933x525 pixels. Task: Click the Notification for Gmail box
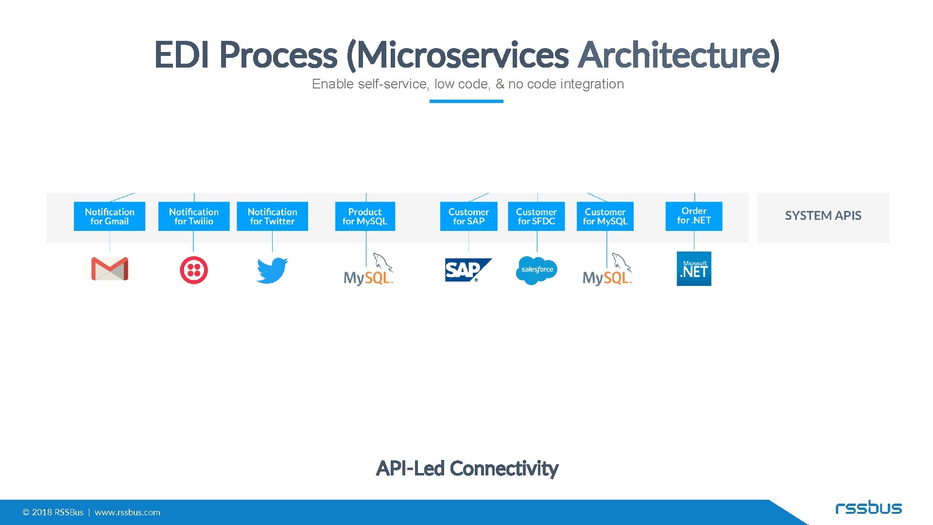click(x=109, y=216)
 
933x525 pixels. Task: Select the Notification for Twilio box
click(x=193, y=216)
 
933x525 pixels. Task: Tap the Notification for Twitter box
click(x=272, y=216)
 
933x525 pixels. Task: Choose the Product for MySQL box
click(x=365, y=216)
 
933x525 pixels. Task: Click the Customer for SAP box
click(x=468, y=216)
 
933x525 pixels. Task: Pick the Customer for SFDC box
click(x=536, y=216)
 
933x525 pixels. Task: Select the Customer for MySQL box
click(x=605, y=216)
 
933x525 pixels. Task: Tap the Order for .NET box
click(x=693, y=216)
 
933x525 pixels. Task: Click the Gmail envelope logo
click(x=109, y=269)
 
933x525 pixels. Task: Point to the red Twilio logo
click(x=193, y=270)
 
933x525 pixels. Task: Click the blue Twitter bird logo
click(x=272, y=270)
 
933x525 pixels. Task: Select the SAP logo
click(x=467, y=270)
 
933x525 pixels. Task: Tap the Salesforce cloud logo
click(x=536, y=270)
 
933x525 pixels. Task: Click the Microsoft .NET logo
click(x=694, y=269)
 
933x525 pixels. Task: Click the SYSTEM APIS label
click(x=823, y=216)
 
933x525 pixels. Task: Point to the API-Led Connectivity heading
click(x=467, y=469)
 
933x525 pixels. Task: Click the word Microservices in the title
click(x=463, y=55)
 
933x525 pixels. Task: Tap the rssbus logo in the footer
click(x=868, y=508)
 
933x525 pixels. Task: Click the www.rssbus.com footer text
click(x=127, y=512)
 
